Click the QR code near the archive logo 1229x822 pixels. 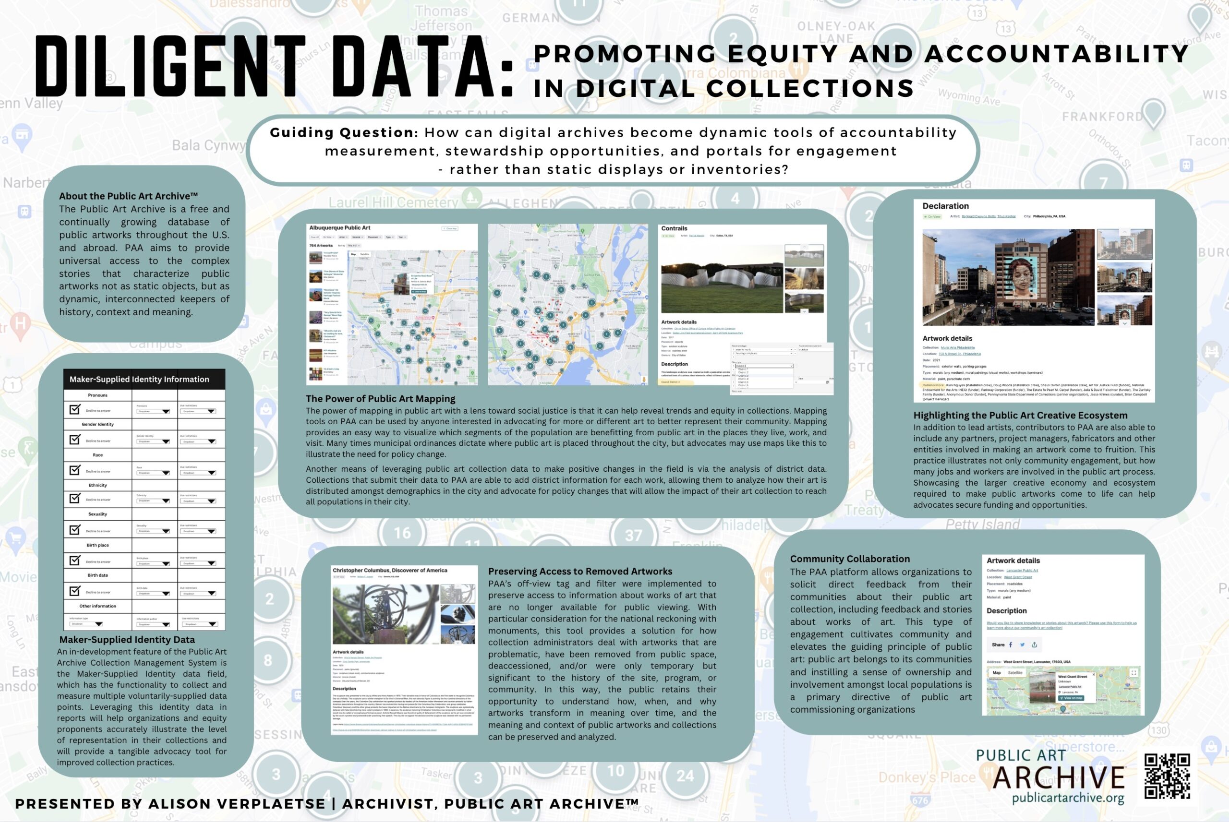pos(1167,776)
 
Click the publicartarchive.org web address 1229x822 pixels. pos(1068,798)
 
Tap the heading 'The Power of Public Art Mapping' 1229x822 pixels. pos(380,398)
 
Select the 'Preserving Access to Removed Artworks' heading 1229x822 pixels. pos(580,572)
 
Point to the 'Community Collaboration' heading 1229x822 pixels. pos(850,559)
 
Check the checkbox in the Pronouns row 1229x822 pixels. pos(75,409)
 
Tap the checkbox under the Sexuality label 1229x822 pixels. pos(75,529)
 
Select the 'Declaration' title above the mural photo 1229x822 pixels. pos(945,206)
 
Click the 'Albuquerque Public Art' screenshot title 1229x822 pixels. pos(340,227)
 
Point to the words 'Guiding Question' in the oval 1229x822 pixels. pos(341,132)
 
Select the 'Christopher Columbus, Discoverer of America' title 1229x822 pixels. pos(389,571)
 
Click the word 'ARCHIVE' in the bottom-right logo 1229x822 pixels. pos(1059,777)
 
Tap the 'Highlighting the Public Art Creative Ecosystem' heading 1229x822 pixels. pos(1020,415)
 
